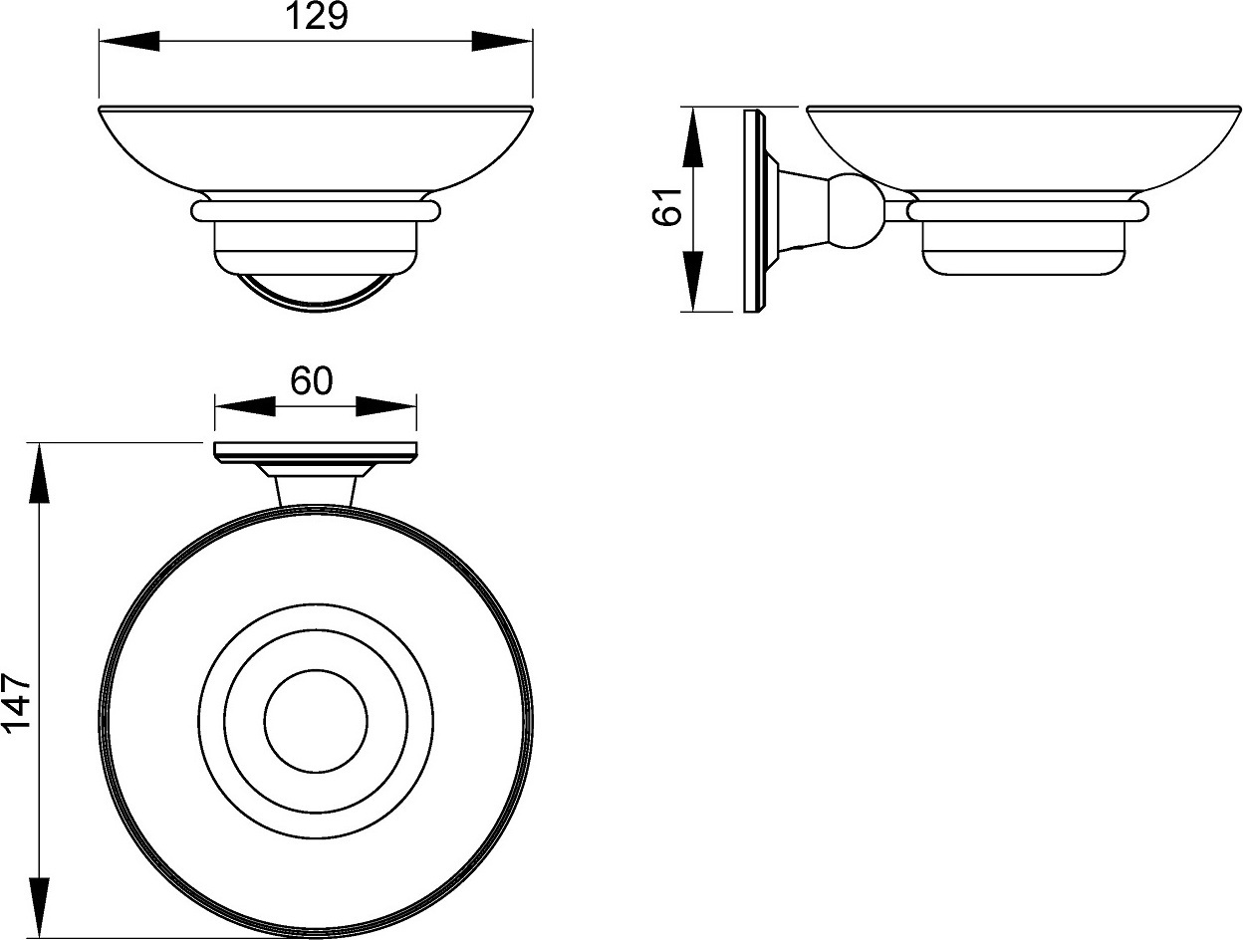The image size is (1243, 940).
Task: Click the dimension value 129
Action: point(316,16)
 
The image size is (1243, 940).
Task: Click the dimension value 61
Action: point(667,206)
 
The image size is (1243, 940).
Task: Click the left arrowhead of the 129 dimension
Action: point(128,41)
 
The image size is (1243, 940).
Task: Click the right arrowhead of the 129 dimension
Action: point(502,41)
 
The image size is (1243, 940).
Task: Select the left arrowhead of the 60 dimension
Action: point(245,405)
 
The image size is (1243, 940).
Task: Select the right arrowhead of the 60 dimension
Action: point(386,405)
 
